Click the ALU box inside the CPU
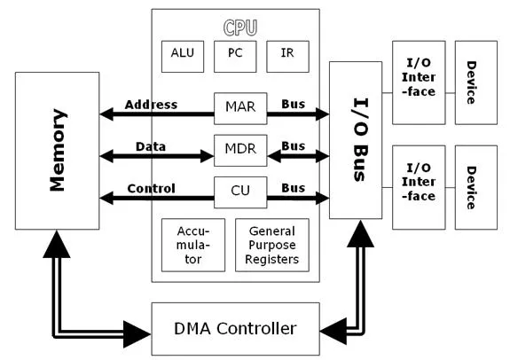[x=181, y=54]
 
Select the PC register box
[x=235, y=54]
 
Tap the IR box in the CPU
[x=287, y=54]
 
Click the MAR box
[x=240, y=106]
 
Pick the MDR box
[x=240, y=149]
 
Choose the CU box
[x=240, y=191]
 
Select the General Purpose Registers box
[x=272, y=245]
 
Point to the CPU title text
[x=235, y=27]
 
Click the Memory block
[x=58, y=151]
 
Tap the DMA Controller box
[x=235, y=328]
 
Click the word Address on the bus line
[x=151, y=105]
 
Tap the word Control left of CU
[x=151, y=188]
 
